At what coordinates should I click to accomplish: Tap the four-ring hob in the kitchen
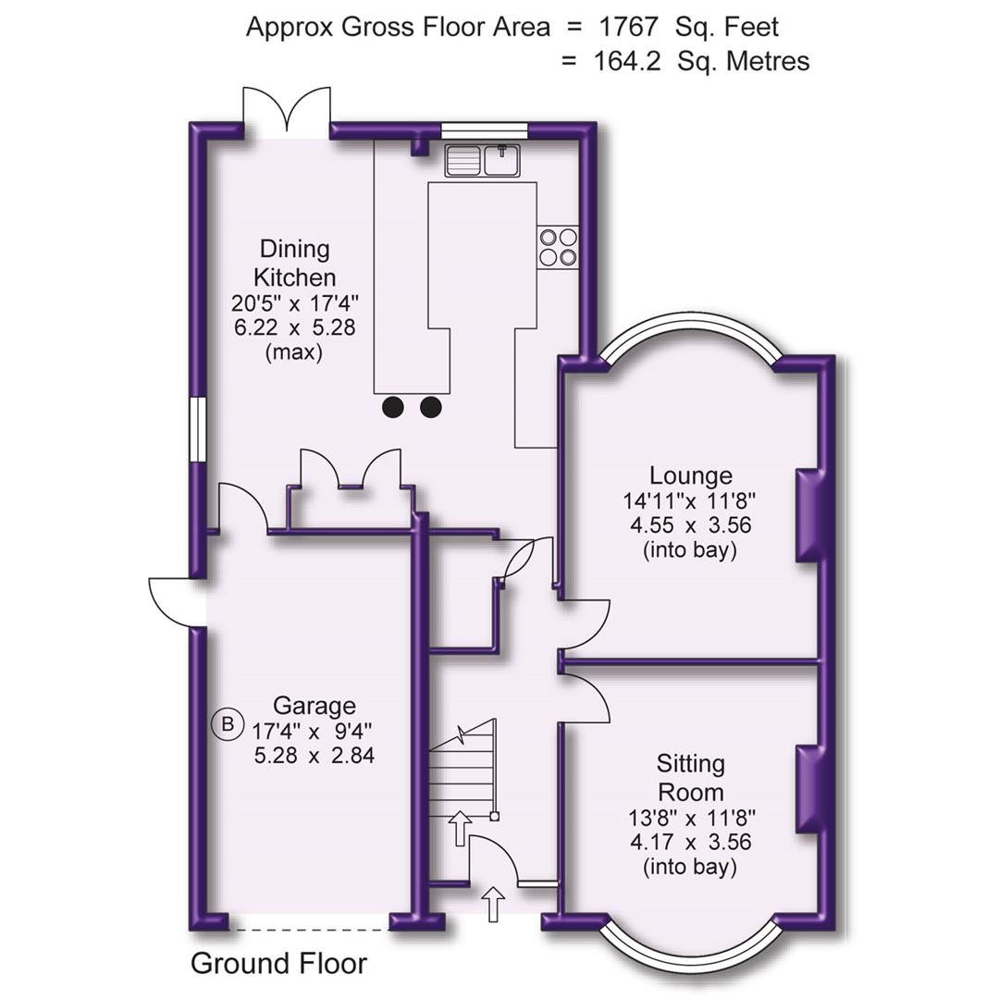click(x=558, y=247)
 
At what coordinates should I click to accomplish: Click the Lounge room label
click(x=690, y=475)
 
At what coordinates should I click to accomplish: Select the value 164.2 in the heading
click(x=626, y=61)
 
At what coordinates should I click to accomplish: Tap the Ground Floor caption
click(x=278, y=964)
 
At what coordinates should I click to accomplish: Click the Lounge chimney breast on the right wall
click(x=808, y=514)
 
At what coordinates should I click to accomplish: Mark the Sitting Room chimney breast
click(x=808, y=788)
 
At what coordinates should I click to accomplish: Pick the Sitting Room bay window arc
click(x=690, y=955)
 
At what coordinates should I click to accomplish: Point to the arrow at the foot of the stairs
click(x=459, y=827)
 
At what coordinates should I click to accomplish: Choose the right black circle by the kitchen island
click(x=431, y=406)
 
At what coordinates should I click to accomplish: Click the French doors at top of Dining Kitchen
click(x=287, y=112)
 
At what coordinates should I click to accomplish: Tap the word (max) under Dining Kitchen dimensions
click(x=294, y=352)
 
